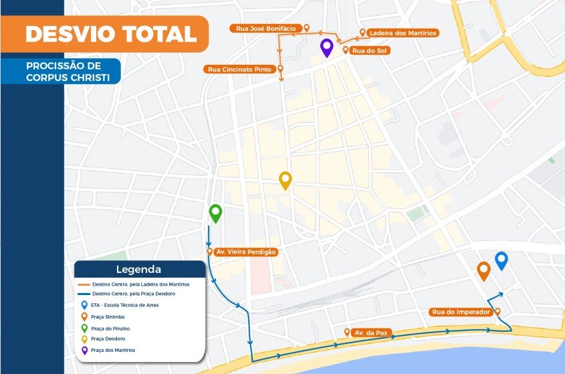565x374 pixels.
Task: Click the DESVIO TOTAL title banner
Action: pos(110,34)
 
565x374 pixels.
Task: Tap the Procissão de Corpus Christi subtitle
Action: pos(64,72)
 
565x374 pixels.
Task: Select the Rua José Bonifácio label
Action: pos(264,28)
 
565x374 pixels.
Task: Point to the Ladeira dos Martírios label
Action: pos(403,33)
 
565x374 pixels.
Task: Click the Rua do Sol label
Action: pos(370,50)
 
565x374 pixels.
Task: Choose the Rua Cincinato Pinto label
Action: pos(239,69)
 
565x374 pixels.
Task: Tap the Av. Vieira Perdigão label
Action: pos(245,252)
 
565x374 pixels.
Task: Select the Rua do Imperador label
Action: pos(461,312)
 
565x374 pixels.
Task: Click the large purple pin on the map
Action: pos(327,48)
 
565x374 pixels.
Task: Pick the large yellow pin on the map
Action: pos(286,180)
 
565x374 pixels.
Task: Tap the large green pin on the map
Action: pos(215,213)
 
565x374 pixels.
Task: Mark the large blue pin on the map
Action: pos(501,260)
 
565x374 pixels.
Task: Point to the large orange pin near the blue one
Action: pos(483,270)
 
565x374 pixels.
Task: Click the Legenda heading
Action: pos(138,270)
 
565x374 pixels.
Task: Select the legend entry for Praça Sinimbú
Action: pos(110,316)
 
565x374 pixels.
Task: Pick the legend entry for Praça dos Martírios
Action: pos(114,350)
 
